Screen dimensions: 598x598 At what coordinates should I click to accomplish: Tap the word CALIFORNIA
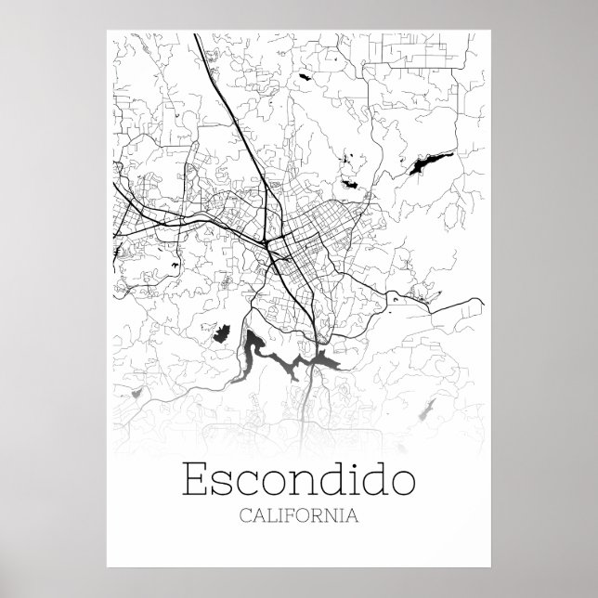(299, 514)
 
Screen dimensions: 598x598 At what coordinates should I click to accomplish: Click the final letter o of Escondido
(401, 484)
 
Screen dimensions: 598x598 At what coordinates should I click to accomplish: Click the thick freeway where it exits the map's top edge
(196, 37)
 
